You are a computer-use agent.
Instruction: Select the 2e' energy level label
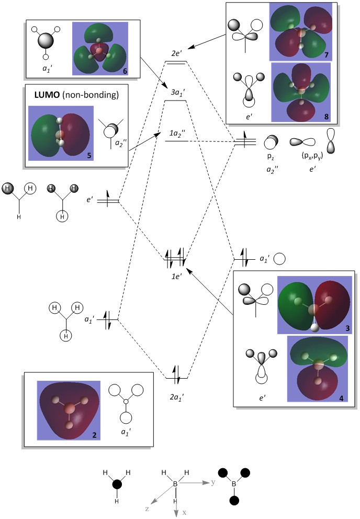[175, 54]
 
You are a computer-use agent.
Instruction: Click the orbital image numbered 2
[68, 410]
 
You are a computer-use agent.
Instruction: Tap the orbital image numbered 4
[317, 369]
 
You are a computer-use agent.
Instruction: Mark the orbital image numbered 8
[300, 92]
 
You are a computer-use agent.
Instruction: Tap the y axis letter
[213, 481]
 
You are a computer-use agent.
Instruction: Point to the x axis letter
[184, 512]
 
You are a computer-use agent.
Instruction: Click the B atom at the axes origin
[175, 484]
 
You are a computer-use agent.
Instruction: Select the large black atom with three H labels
[116, 485]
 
